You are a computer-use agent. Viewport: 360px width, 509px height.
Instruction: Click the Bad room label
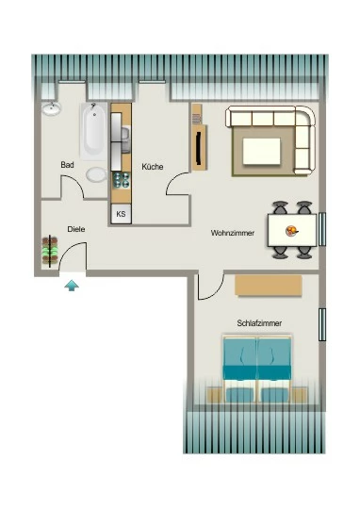click(67, 165)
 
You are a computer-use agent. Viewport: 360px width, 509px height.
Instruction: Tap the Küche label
click(153, 167)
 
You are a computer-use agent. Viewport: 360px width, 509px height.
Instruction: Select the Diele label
click(76, 229)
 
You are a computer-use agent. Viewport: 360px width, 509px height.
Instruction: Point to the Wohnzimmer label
click(233, 233)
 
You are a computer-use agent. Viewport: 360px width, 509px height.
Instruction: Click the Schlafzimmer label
click(259, 323)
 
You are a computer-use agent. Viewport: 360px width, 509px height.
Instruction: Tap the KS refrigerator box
click(121, 214)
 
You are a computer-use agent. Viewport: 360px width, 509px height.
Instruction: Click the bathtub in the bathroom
click(94, 131)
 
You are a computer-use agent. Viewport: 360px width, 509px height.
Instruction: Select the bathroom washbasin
click(51, 108)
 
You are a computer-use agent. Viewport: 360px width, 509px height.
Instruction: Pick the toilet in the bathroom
click(96, 175)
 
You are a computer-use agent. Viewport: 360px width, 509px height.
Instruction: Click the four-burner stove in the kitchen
click(121, 180)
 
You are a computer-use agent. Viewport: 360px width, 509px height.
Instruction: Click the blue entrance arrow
click(72, 286)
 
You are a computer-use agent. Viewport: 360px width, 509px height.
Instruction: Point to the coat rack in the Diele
click(50, 252)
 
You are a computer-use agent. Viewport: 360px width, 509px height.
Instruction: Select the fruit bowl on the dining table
click(291, 231)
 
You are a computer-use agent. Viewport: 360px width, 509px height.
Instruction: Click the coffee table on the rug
click(261, 151)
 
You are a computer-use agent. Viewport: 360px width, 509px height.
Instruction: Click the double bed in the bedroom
click(256, 369)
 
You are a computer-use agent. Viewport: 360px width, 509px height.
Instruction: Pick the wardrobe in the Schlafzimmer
click(269, 286)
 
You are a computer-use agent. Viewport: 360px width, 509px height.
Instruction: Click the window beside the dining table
click(322, 229)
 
